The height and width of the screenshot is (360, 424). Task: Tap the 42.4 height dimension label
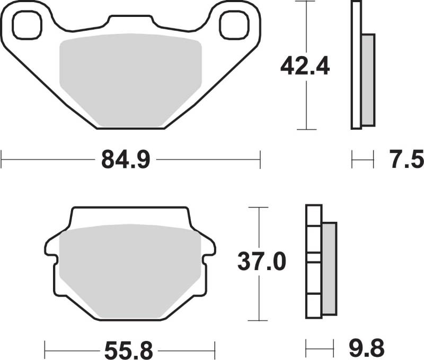point(305,66)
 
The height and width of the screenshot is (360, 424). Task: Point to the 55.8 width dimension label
point(129,350)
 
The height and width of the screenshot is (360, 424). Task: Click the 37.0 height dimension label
point(262,262)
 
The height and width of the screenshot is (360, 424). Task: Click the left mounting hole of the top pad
point(28,25)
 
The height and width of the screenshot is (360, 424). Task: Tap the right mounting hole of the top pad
point(234,25)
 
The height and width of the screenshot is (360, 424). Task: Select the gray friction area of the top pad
point(130,80)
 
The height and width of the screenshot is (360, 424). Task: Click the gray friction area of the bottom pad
point(130,271)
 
